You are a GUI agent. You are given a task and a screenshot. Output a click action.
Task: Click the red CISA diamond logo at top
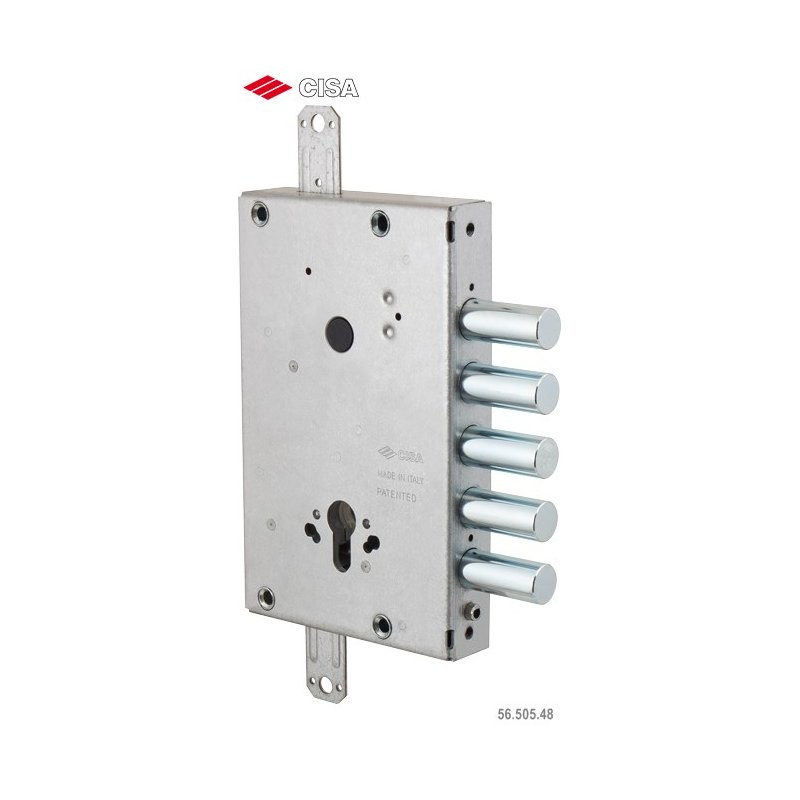[x=267, y=87]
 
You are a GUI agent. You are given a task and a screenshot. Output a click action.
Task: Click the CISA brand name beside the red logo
[x=329, y=88]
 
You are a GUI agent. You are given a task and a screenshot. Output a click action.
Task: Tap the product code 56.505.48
[x=525, y=714]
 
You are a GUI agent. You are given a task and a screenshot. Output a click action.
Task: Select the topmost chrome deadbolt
[x=510, y=324]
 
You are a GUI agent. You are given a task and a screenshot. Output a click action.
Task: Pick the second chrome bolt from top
[x=510, y=388]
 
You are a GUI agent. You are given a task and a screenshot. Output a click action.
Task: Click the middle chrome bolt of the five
[x=509, y=452]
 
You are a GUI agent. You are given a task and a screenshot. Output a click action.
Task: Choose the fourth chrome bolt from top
[x=509, y=514]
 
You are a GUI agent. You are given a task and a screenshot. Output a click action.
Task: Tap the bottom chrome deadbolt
[x=508, y=577]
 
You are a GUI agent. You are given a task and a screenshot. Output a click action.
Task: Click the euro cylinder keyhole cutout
[x=342, y=535]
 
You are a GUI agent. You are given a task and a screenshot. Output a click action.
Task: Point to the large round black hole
[x=339, y=334]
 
